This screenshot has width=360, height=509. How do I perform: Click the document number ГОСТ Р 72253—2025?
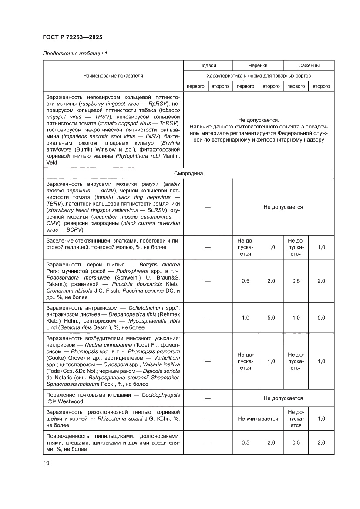click(73, 37)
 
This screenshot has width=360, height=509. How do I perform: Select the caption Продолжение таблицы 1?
click(75, 54)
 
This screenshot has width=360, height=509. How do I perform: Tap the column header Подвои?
click(207, 65)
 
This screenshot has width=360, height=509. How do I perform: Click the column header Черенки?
click(258, 65)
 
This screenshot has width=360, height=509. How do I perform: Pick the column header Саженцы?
click(309, 65)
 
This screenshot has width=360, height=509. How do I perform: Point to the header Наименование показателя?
click(113, 75)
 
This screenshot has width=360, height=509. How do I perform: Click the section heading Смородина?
click(188, 173)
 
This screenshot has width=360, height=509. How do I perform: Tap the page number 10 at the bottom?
click(46, 462)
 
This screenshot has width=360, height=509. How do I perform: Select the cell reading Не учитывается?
click(258, 418)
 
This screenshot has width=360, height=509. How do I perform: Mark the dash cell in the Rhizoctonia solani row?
click(207, 418)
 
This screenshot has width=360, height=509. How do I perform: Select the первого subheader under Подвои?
click(195, 86)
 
